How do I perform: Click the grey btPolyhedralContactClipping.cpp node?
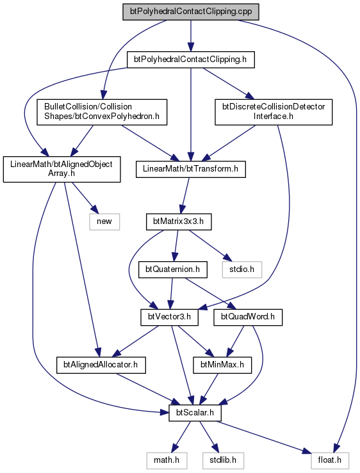[x=191, y=12]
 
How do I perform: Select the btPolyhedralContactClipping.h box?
[x=191, y=60]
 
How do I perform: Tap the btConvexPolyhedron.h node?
[x=102, y=112]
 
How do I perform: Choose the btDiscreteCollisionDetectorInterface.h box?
[x=274, y=112]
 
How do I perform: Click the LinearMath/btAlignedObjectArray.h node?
[x=61, y=169]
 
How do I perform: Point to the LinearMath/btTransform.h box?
[x=191, y=169]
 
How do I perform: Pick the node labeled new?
[x=104, y=221]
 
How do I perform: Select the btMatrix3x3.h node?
[x=179, y=221]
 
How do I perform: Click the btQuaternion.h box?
[x=173, y=269]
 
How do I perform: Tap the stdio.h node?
[x=241, y=269]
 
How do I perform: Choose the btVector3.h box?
[x=169, y=317]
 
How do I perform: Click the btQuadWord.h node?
[x=248, y=317]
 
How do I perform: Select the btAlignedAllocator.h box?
[x=101, y=365]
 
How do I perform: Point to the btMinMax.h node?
[x=222, y=365]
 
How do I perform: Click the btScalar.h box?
[x=195, y=413]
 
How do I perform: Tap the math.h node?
[x=167, y=460]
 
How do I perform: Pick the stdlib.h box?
[x=223, y=460]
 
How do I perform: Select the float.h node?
[x=330, y=460]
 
